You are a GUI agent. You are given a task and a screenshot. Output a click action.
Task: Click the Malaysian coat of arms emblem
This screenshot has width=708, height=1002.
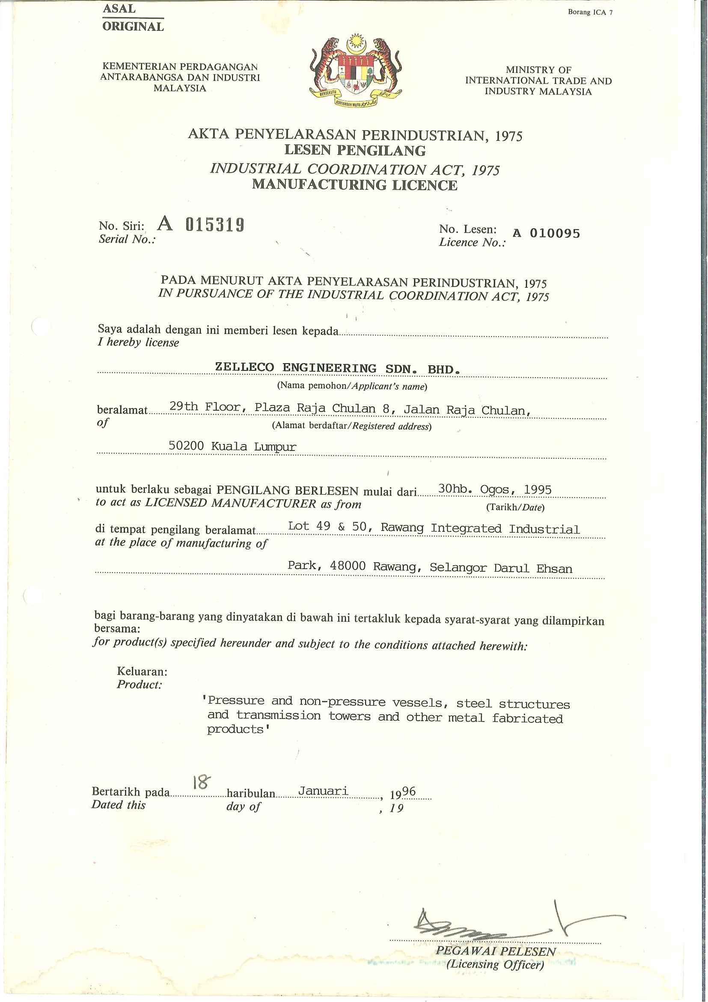[354, 71]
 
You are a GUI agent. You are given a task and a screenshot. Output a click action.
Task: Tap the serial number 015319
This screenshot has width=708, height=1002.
[214, 225]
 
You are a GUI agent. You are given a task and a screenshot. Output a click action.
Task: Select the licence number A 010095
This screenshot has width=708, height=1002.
[546, 233]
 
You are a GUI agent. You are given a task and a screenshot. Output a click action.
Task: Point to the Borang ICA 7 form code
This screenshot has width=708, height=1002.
[590, 12]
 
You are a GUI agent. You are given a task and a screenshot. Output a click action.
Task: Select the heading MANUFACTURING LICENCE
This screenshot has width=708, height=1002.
[355, 185]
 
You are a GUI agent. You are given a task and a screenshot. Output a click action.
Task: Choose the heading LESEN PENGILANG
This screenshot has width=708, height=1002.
[355, 151]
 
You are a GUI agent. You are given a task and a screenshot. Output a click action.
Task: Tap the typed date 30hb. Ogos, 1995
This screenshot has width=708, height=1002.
[495, 490]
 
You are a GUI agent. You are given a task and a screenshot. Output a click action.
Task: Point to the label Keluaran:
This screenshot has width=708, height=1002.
[142, 671]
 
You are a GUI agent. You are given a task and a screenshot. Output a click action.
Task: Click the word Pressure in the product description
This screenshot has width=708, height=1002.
[236, 701]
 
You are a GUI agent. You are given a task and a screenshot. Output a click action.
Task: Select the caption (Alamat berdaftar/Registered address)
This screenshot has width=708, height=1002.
[351, 426]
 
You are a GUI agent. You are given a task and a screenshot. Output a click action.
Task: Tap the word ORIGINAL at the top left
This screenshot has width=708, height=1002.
[133, 27]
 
